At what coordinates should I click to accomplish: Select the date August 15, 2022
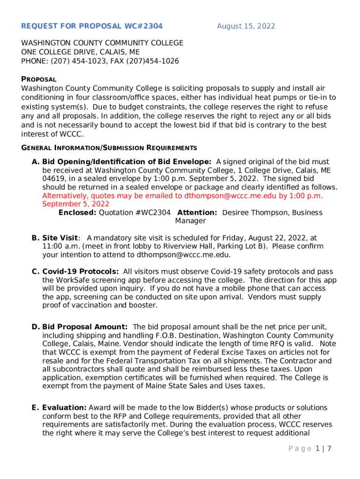246,26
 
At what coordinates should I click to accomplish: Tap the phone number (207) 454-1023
73,61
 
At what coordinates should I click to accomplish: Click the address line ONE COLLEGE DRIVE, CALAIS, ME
80,52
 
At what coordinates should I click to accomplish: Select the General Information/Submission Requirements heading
109,148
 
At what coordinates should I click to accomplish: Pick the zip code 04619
54,179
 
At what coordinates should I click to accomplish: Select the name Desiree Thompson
252,212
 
